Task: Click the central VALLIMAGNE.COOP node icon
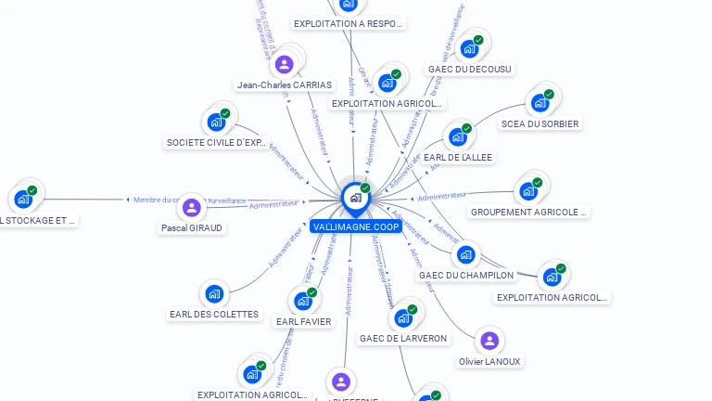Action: (x=355, y=197)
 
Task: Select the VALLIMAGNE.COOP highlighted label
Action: (x=356, y=226)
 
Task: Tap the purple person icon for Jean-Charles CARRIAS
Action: (x=285, y=64)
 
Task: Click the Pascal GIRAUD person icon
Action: (x=191, y=207)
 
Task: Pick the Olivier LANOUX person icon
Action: (x=489, y=341)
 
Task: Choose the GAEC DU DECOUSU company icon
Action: (x=469, y=48)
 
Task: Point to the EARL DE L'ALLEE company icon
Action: (x=457, y=137)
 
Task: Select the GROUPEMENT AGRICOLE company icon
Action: (x=528, y=191)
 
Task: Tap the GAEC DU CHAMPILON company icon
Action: (x=465, y=254)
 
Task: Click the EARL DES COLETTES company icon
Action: (x=214, y=294)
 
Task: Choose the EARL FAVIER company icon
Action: (x=302, y=301)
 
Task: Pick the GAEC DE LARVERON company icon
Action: (x=403, y=318)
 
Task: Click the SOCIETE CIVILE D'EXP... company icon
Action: (x=216, y=122)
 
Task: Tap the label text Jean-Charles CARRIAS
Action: (x=284, y=84)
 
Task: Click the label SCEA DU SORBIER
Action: (x=540, y=123)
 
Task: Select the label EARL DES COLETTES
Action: (x=214, y=315)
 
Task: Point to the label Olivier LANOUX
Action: (x=489, y=361)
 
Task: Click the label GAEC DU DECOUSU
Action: (x=470, y=69)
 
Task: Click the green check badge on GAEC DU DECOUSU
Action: (x=478, y=40)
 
